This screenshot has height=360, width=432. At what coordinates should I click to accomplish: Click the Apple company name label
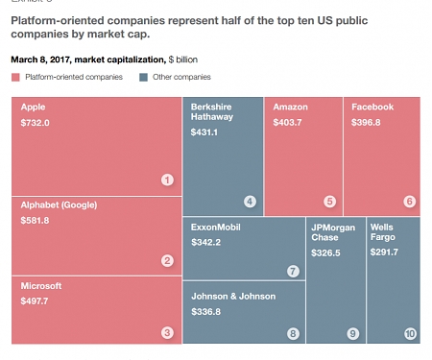[34, 108]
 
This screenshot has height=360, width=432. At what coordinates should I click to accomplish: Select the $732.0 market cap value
[36, 124]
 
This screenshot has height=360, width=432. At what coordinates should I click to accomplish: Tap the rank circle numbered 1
[167, 180]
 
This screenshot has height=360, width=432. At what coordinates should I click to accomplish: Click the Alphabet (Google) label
[60, 204]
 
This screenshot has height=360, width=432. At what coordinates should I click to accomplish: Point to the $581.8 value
[36, 221]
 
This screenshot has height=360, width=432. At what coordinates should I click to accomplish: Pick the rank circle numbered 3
[167, 333]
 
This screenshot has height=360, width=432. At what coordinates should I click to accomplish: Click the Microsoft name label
[41, 285]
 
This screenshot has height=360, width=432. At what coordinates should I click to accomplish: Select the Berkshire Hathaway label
[212, 113]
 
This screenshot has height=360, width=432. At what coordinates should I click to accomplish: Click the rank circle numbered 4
[250, 201]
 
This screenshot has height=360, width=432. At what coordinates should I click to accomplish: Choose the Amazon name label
[291, 107]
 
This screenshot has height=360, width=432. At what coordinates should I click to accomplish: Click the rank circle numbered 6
[410, 201]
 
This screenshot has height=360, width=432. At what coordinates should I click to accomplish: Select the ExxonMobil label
[216, 227]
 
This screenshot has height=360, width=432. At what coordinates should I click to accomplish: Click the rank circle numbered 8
[294, 333]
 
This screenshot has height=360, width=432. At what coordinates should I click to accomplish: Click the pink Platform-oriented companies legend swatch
[15, 77]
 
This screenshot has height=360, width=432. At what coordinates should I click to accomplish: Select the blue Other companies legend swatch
[143, 77]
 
